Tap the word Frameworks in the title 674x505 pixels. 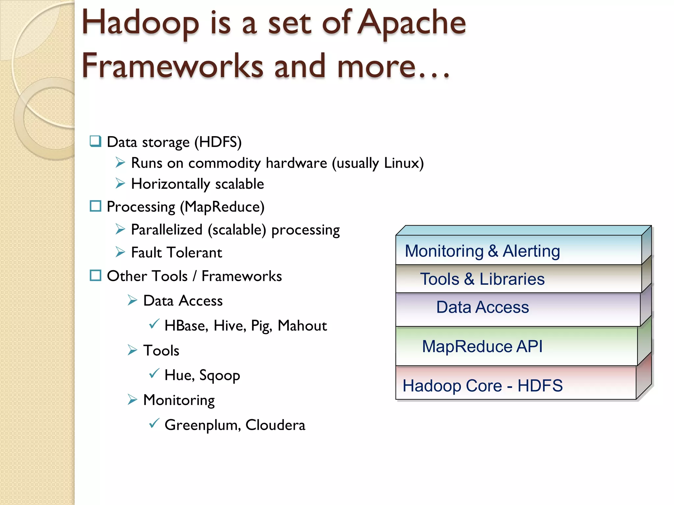[172, 66]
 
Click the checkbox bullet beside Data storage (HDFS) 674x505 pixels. [95, 141]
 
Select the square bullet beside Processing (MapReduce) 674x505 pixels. [95, 206]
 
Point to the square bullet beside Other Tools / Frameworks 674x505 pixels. [95, 276]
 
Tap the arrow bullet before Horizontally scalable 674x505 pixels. [120, 183]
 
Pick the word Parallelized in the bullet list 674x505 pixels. [167, 229]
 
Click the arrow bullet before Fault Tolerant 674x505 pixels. [120, 252]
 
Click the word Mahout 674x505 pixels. [302, 325]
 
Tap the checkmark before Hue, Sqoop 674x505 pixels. [154, 373]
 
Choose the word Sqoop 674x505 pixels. [220, 375]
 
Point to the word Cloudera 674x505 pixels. [275, 425]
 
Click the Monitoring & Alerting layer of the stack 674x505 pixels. [518, 251]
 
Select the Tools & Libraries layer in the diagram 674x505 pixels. [518, 279]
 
